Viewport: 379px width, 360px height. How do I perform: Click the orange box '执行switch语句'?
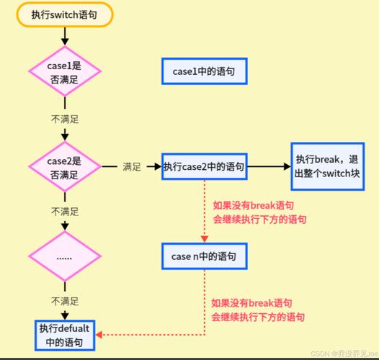[64, 15]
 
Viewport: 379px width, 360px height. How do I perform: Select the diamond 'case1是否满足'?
[64, 72]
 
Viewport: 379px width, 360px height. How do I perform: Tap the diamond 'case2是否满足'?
[64, 167]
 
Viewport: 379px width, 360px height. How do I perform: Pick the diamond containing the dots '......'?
[64, 256]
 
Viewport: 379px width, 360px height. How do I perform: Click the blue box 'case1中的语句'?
[204, 72]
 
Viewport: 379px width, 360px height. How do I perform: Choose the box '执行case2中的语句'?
[204, 167]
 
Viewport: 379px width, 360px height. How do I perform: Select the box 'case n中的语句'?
[204, 255]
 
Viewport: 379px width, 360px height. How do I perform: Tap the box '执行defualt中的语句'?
[65, 335]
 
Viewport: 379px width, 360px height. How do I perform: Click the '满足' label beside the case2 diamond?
[131, 167]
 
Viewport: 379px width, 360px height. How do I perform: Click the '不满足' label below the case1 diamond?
[64, 116]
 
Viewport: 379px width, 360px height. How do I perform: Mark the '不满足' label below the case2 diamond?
[64, 212]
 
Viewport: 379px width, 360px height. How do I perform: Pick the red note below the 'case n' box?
[257, 310]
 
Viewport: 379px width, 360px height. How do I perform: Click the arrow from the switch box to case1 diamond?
[64, 36]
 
